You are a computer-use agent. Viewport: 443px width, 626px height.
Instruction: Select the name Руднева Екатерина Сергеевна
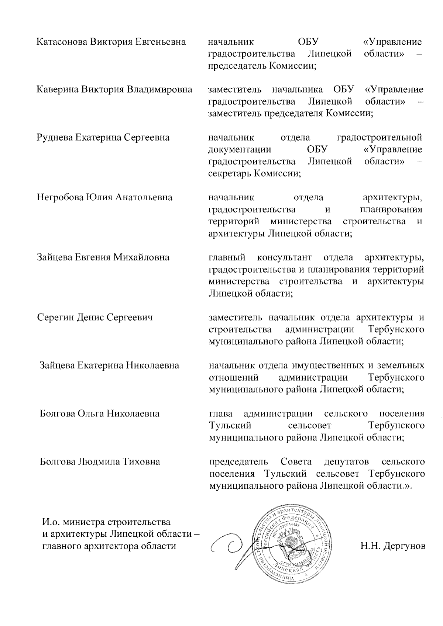tap(103, 138)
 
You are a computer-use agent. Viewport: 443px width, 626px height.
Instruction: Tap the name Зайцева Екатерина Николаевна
tap(109, 366)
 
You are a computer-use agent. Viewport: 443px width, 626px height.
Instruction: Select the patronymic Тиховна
tap(141, 461)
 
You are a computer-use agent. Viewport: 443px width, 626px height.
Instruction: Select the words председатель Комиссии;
tap(263, 66)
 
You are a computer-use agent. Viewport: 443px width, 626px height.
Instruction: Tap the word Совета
tap(296, 461)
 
